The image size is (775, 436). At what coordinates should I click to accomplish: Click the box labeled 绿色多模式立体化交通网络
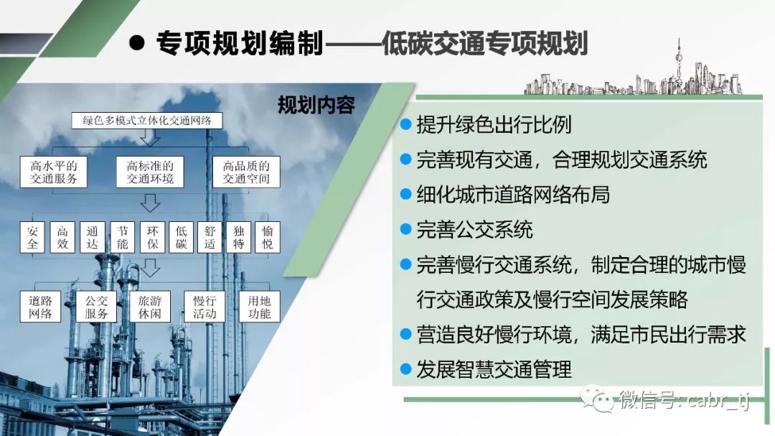pos(147,121)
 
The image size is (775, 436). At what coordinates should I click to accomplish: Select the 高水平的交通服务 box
pos(53,172)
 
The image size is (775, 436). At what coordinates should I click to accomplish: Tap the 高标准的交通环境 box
pos(150,172)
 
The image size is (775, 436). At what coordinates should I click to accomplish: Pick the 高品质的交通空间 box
pos(246,172)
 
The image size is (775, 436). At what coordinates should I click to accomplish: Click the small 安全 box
pos(32,238)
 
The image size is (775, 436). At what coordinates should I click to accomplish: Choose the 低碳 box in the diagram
pos(182,238)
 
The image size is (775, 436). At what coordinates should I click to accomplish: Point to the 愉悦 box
pos(268,238)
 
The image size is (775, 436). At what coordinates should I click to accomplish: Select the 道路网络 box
pos(40,307)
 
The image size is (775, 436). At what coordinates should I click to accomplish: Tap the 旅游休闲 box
pos(150,307)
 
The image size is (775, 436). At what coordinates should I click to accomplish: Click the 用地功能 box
pos(260,307)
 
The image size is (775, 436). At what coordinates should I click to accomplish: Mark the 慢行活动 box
pos(205,307)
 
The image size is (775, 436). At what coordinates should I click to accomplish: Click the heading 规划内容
pos(316,105)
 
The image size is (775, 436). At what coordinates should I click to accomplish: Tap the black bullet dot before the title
pos(136,42)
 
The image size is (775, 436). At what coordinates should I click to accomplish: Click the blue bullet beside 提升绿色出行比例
pos(405,124)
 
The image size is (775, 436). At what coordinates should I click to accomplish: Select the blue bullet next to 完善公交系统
pos(405,229)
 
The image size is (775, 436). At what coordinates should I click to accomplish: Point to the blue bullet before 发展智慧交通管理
pos(405,369)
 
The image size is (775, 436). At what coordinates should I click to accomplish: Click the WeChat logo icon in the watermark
pos(597,399)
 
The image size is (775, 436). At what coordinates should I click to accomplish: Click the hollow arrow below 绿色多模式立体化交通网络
pos(150,139)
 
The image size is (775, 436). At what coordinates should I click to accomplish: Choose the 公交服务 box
pos(96,307)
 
